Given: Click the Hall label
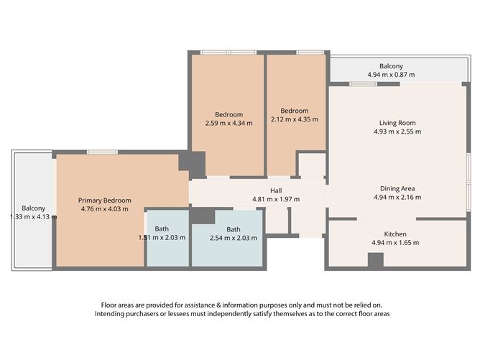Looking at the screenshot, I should pyautogui.click(x=276, y=190).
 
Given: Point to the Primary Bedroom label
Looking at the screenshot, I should pyautogui.click(x=105, y=200).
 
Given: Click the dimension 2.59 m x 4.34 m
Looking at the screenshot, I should pyautogui.click(x=229, y=123).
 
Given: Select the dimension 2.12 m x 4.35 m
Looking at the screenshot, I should pyautogui.click(x=295, y=119).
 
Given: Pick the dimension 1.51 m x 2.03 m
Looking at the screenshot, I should pyautogui.click(x=162, y=238).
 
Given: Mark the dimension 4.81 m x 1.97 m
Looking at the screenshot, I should pyautogui.click(x=276, y=199).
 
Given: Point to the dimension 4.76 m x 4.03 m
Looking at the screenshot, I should pyautogui.click(x=105, y=209).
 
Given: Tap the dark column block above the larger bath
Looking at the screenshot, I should pyautogui.click(x=203, y=216).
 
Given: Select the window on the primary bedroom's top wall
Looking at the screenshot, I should pyautogui.click(x=102, y=152).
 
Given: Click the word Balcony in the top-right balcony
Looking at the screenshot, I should pyautogui.click(x=392, y=65).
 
